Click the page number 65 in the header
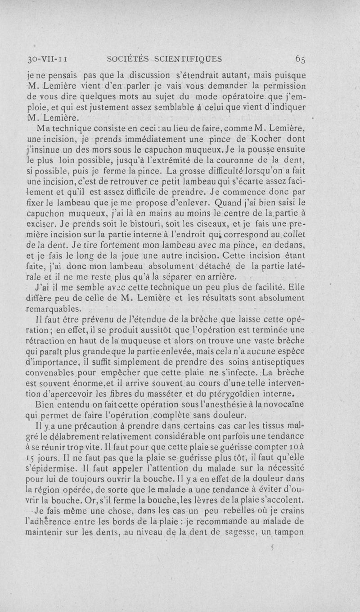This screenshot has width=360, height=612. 301,59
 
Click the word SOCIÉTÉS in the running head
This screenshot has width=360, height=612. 127,59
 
